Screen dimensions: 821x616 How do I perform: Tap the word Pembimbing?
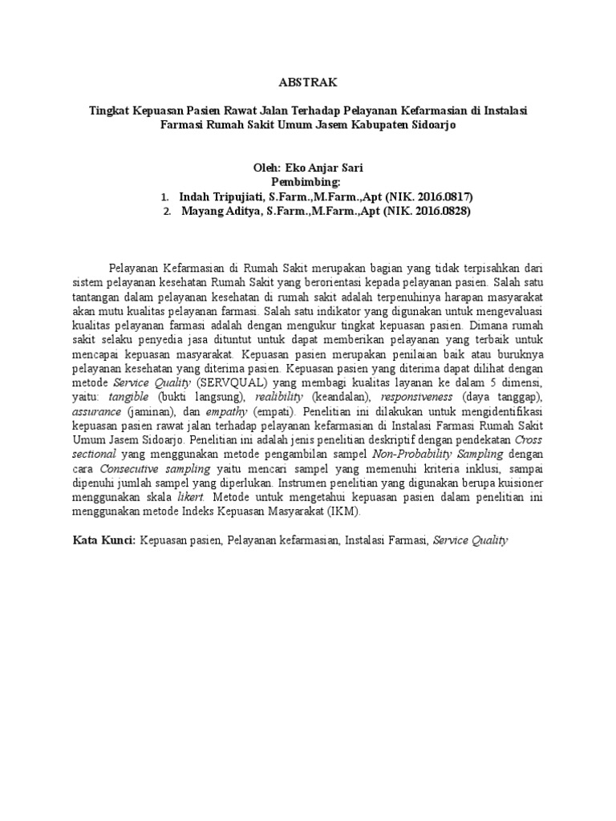307,182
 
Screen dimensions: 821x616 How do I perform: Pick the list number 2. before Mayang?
166,212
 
